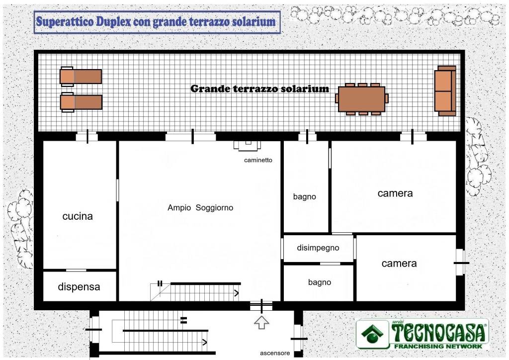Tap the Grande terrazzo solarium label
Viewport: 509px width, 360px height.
point(259,89)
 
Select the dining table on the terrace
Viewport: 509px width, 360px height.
point(361,99)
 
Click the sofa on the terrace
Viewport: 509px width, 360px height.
point(445,90)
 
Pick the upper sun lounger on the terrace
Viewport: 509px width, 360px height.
point(81,77)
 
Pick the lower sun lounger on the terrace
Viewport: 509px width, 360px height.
point(81,102)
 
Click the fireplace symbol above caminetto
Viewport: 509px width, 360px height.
point(247,145)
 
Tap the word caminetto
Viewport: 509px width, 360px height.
point(258,160)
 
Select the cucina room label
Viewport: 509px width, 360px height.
point(78,216)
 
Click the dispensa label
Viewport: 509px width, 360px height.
point(79,287)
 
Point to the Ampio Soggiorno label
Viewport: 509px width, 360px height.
point(200,208)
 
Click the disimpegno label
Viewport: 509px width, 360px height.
point(318,248)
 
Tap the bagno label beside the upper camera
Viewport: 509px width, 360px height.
point(304,197)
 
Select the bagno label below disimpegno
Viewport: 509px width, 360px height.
point(319,282)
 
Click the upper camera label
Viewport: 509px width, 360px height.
point(395,193)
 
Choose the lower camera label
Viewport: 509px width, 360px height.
point(399,264)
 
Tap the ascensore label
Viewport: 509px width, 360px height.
point(275,353)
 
